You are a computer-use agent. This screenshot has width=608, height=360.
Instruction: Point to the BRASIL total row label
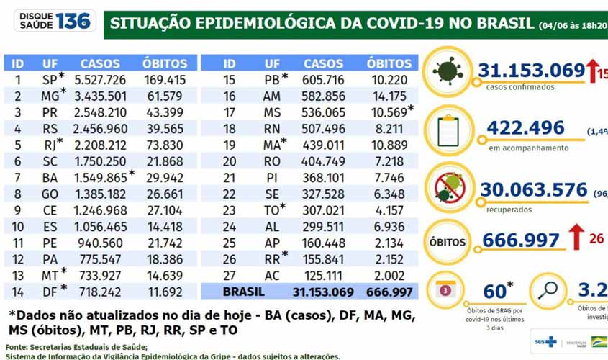(x=243, y=292)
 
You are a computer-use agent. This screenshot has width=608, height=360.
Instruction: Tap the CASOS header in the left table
(x=100, y=63)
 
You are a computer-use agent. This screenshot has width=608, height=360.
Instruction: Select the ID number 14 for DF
(x=19, y=292)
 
